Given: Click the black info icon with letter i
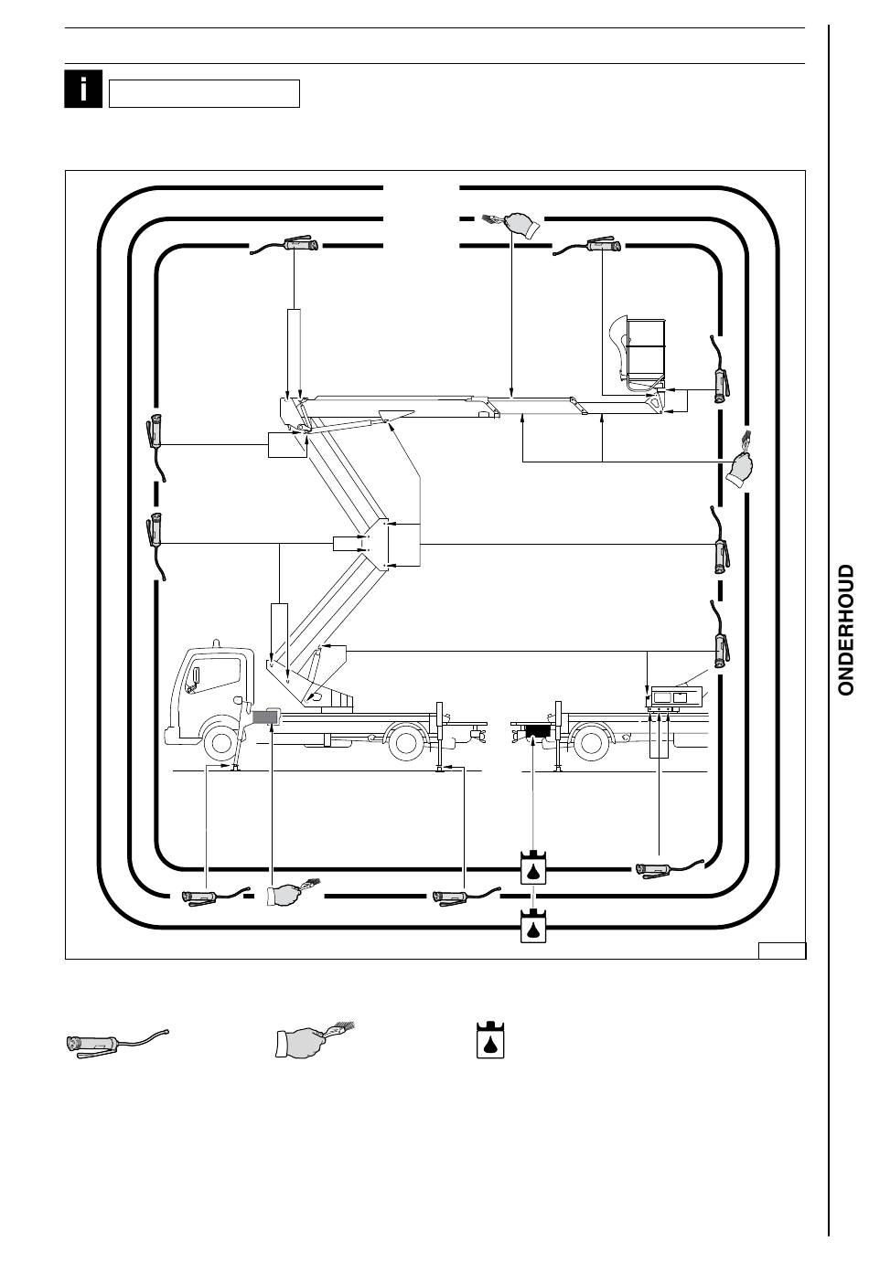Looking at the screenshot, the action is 83,89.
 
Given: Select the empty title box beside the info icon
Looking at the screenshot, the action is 204,93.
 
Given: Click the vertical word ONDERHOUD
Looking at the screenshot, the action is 845,630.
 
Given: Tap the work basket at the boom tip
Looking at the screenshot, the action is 638,352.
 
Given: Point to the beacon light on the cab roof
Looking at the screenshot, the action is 216,643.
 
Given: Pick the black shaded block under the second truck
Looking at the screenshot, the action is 537,731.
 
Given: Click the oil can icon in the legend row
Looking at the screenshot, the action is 490,1039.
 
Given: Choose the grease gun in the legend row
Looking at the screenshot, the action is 117,1041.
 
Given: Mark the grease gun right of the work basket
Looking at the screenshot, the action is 721,369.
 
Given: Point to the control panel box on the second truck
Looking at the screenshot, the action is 675,697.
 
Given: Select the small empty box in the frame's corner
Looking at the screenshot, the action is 782,951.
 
